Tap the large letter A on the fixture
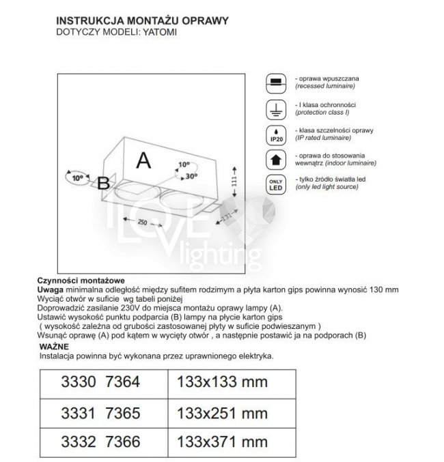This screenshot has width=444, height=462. point(143,160)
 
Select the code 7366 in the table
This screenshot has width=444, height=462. point(122,444)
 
